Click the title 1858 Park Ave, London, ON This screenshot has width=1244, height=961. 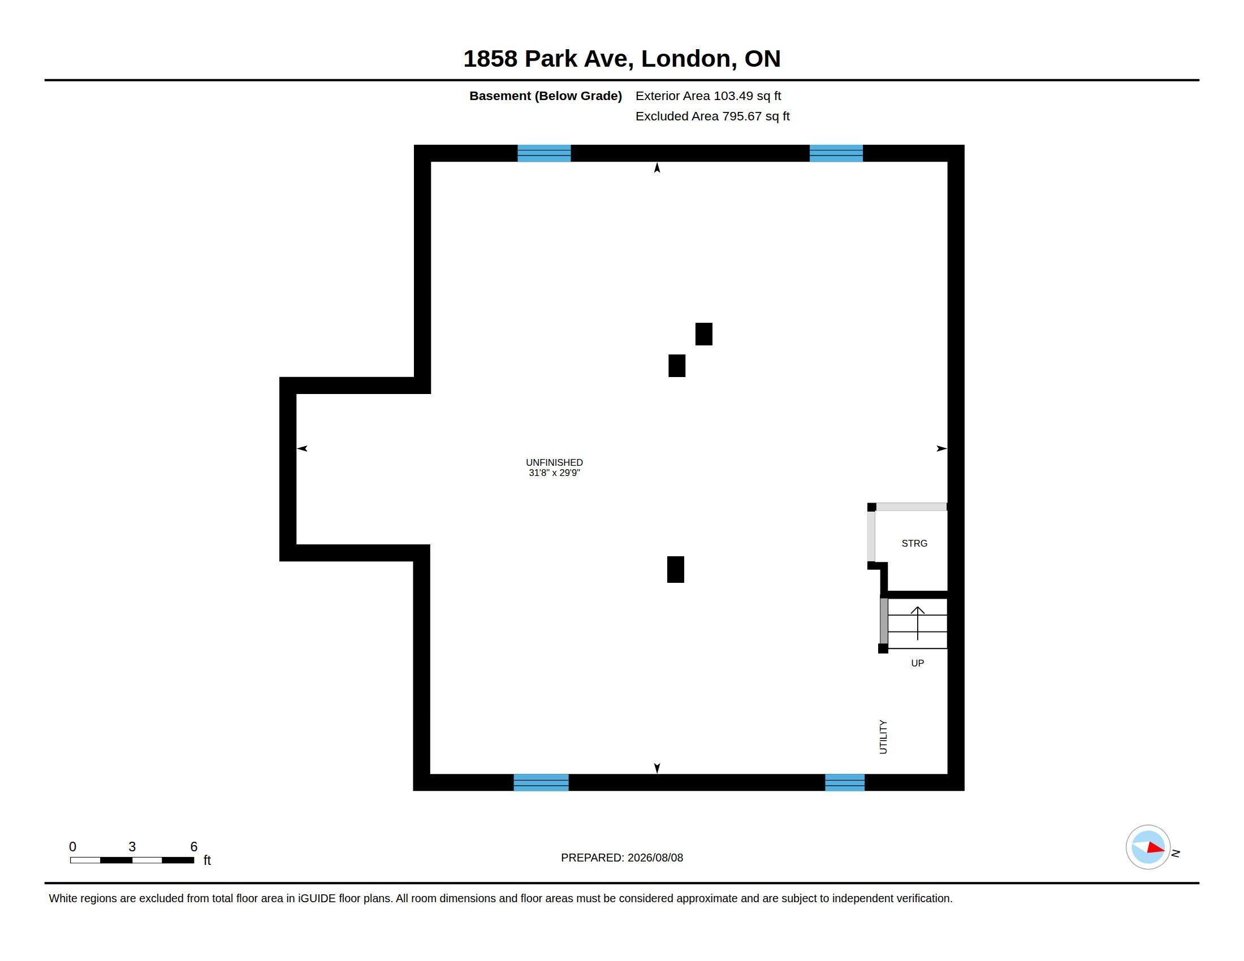(621, 59)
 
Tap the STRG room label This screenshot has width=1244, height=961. (914, 544)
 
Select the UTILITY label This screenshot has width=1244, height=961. (883, 737)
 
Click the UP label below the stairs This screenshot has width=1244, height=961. (917, 663)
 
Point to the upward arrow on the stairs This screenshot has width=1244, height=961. (918, 623)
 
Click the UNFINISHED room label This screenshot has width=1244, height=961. (554, 462)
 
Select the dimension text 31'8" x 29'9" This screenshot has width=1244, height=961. (554, 473)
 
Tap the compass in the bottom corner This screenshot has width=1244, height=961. (1148, 847)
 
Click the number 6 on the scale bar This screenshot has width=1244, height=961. (193, 847)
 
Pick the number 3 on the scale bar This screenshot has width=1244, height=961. (132, 847)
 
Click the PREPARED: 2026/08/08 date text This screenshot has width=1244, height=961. (622, 858)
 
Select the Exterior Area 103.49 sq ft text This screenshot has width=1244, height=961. (708, 96)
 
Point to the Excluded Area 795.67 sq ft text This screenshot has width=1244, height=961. (712, 116)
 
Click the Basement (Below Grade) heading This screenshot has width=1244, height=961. (546, 96)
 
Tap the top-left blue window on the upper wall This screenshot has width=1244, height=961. (544, 154)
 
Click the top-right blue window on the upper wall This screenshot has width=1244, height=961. (836, 154)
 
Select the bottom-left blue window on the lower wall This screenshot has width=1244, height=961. (541, 782)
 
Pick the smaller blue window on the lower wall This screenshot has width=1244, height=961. (845, 782)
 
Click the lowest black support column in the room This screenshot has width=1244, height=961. (676, 569)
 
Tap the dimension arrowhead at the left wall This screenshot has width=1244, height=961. (302, 449)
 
